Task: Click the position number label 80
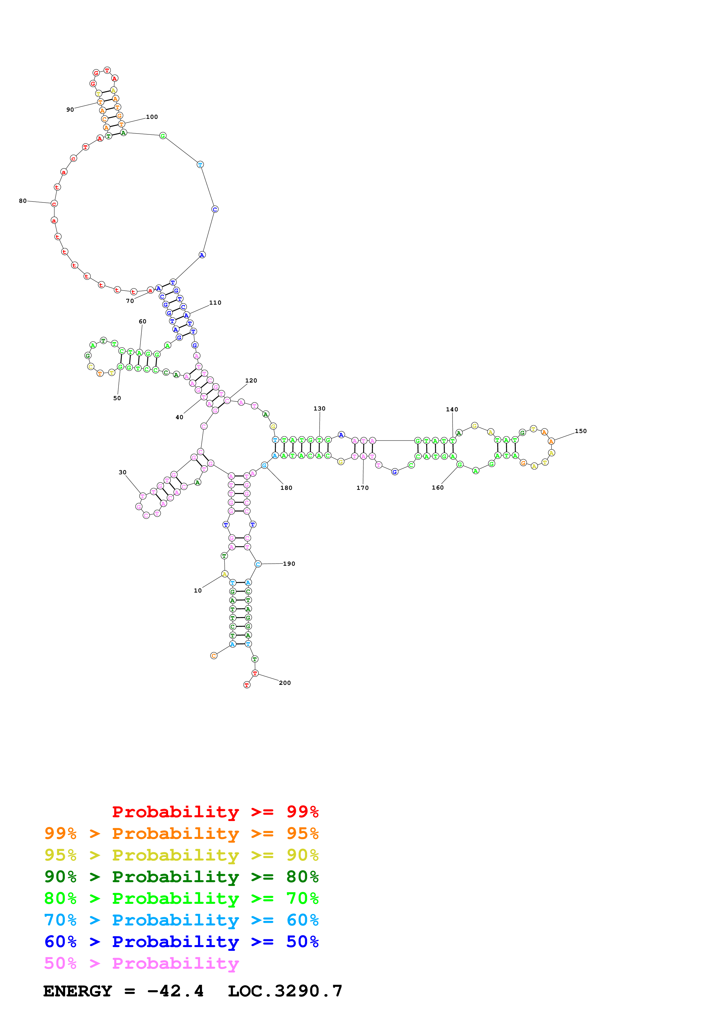point(22,201)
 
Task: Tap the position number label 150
point(580,431)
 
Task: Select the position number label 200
point(285,683)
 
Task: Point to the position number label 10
point(198,591)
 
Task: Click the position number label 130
point(319,408)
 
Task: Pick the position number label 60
point(142,321)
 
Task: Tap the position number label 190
point(289,564)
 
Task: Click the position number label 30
point(123,472)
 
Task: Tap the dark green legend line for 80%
point(181,877)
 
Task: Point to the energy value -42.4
point(175,991)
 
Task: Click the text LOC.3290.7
point(285,991)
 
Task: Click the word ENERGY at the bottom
point(78,991)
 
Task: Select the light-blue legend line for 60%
point(181,920)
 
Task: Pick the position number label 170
point(363,488)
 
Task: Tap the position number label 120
point(251,381)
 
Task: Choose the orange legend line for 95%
point(181,833)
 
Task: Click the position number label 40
point(179,417)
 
